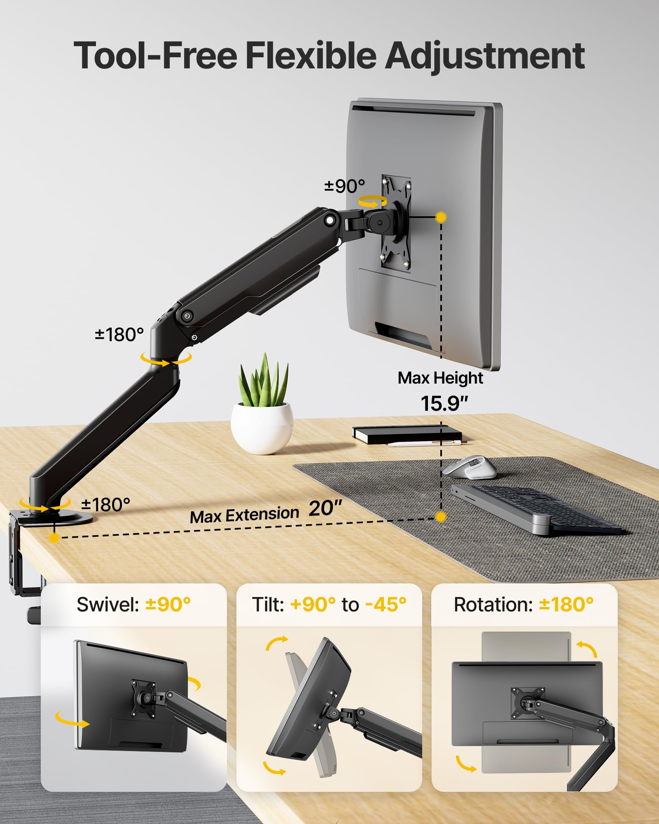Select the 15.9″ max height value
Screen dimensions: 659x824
coord(444,403)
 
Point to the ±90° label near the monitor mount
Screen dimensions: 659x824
coord(345,186)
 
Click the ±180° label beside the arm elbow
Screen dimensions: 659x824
coord(119,335)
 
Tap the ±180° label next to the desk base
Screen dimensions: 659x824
coord(106,505)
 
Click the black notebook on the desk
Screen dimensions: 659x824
coord(407,434)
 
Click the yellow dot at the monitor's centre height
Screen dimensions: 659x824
coord(441,217)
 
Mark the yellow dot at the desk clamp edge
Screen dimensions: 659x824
coord(54,538)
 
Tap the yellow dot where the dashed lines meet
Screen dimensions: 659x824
coord(441,517)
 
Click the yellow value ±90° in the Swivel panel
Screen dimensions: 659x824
coord(168,604)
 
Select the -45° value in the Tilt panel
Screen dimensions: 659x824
coord(386,604)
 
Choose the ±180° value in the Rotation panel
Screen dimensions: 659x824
coord(566,604)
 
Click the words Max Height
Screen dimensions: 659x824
coord(440,378)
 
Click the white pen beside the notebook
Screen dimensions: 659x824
coord(424,444)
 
